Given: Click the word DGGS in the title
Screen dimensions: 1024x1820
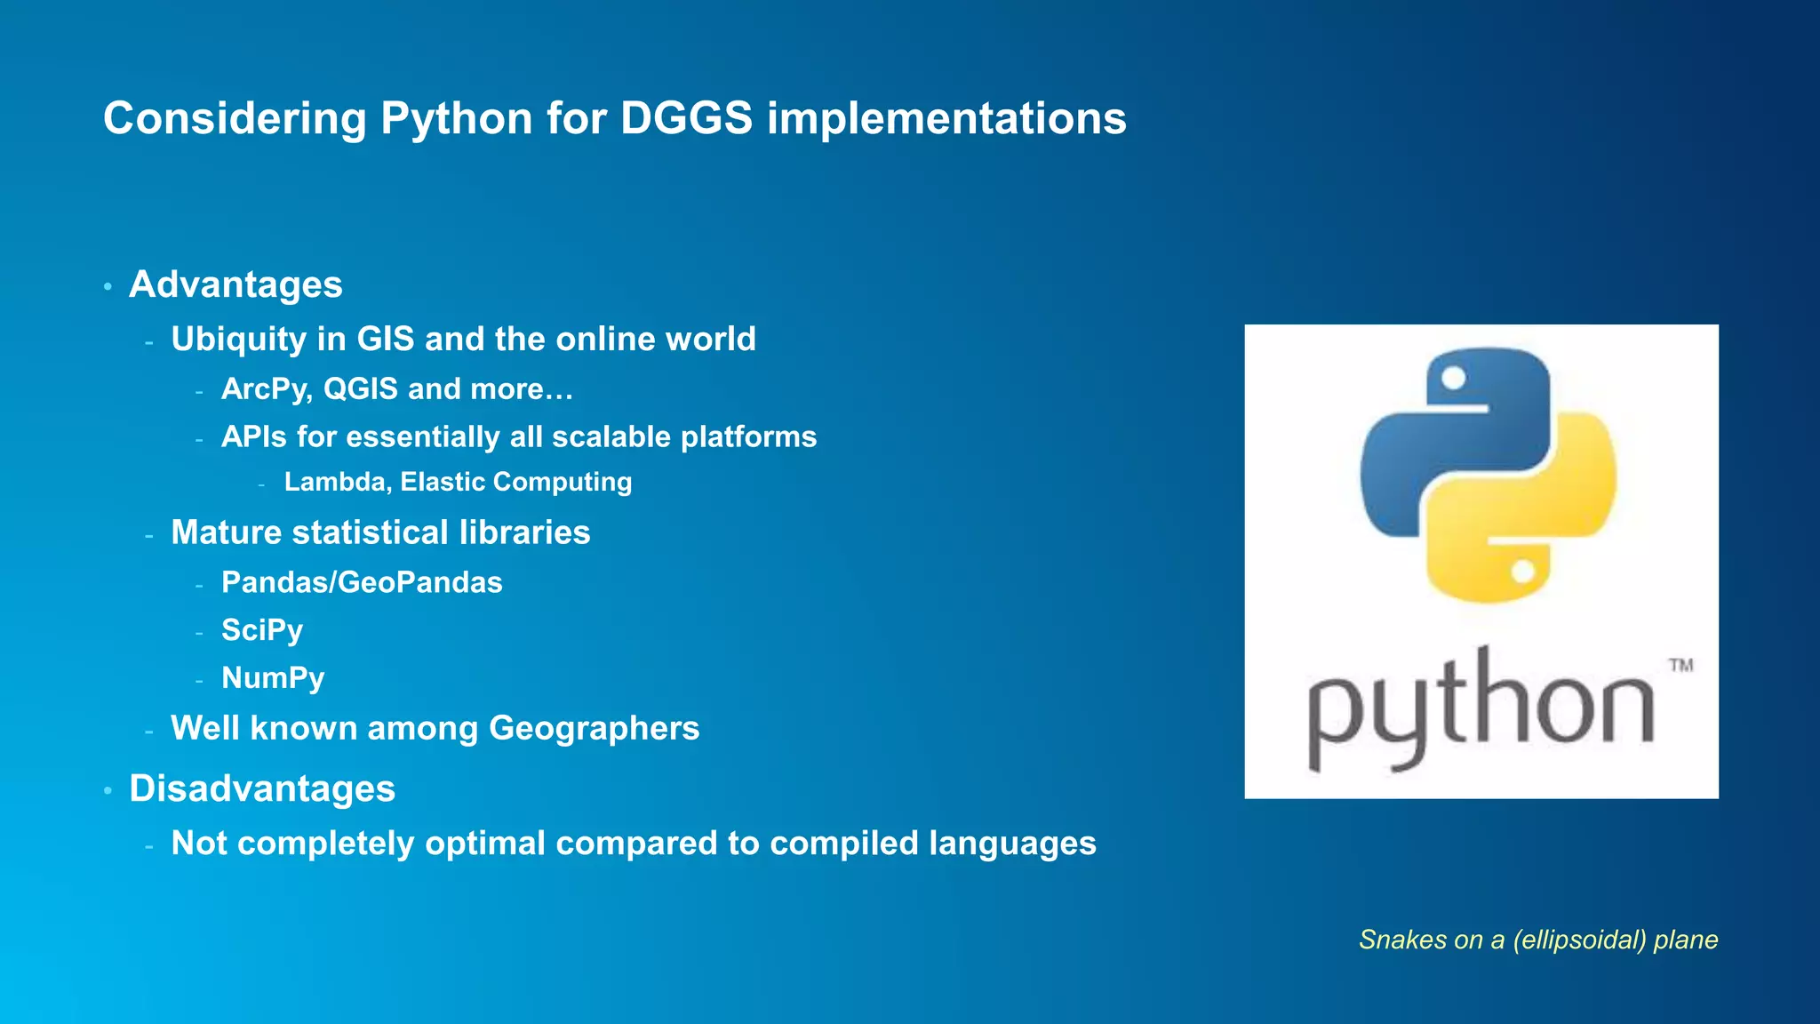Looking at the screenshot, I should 686,118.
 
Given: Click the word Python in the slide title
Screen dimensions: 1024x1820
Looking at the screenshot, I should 456,119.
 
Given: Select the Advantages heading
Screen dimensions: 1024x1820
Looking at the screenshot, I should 235,284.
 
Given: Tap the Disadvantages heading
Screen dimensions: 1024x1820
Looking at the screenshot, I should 262,788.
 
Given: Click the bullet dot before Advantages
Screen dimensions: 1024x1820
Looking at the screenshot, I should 108,287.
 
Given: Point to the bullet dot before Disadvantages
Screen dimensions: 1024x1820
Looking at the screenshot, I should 108,791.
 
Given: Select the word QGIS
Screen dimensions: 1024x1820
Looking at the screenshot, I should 360,389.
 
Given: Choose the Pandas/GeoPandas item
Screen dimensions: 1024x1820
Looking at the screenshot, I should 362,582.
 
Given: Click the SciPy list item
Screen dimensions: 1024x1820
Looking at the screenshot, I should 262,630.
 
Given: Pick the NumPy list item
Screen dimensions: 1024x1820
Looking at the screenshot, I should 273,678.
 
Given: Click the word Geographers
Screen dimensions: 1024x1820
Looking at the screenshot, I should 594,729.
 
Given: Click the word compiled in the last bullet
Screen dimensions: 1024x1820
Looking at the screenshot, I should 840,844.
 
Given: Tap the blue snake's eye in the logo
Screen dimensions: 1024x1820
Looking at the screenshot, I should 1453,379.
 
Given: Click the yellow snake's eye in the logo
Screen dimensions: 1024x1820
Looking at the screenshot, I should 1522,572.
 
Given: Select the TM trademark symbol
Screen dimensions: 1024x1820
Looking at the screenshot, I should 1680,665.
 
